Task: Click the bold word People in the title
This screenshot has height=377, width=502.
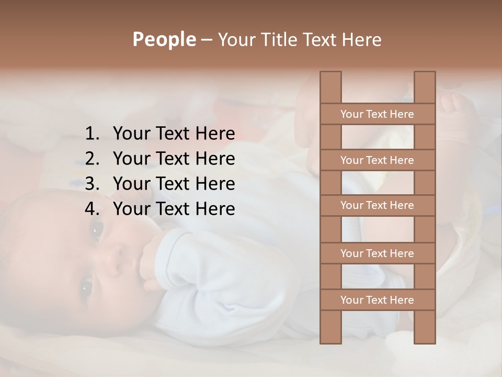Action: point(164,39)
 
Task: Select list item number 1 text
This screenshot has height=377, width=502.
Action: point(174,134)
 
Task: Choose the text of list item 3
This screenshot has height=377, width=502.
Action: point(174,184)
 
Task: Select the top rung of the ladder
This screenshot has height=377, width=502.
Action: point(377,114)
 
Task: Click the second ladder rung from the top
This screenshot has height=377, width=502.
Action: point(377,160)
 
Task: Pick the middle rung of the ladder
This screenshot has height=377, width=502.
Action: point(377,205)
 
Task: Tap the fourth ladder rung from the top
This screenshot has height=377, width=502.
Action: point(377,253)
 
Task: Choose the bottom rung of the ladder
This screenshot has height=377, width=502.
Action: point(377,300)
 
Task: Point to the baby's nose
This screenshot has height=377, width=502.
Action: point(112,259)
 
